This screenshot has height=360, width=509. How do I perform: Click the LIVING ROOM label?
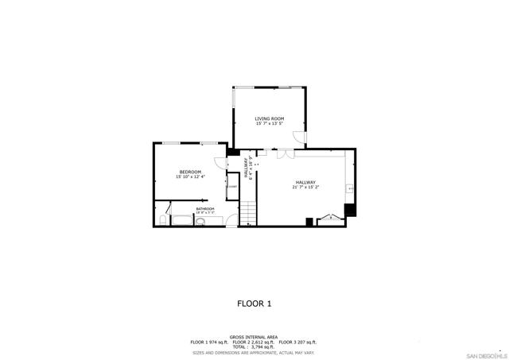pyautogui.click(x=270, y=118)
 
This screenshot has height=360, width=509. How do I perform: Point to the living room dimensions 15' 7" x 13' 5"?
pyautogui.click(x=270, y=124)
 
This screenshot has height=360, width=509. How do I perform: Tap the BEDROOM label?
pyautogui.click(x=190, y=172)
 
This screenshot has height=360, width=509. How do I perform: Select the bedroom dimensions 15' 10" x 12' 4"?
pyautogui.click(x=190, y=177)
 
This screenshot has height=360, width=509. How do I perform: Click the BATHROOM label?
pyautogui.click(x=205, y=208)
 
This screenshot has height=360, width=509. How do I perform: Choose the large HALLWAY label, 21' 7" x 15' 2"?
pyautogui.click(x=306, y=183)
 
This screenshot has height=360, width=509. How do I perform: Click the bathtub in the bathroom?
pyautogui.click(x=182, y=221)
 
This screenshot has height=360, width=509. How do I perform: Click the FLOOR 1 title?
pyautogui.click(x=254, y=304)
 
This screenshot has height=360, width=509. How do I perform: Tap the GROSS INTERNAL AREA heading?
pyautogui.click(x=254, y=337)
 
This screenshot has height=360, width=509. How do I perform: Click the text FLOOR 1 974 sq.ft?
pyautogui.click(x=209, y=342)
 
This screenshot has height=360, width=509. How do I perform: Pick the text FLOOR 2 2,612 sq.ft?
pyautogui.click(x=254, y=342)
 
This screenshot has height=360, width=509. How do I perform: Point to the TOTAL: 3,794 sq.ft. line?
pyautogui.click(x=254, y=346)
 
